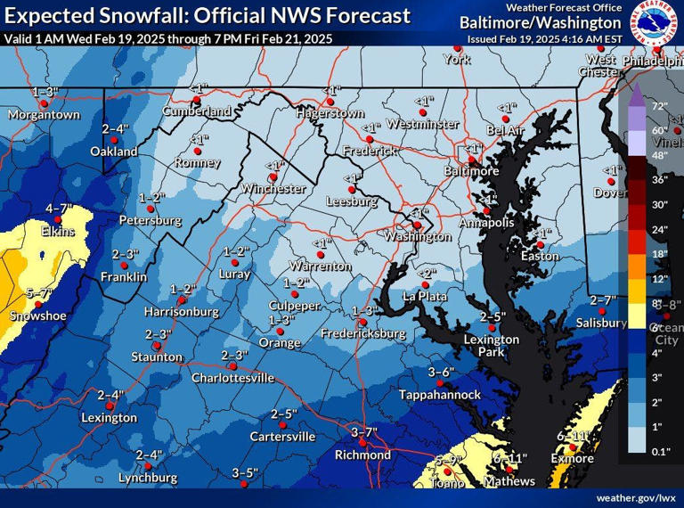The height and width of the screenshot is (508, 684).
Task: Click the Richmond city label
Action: tap(362, 455)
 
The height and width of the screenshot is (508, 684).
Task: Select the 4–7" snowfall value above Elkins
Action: tap(59, 209)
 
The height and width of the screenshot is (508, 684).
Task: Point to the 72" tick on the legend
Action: tap(659, 106)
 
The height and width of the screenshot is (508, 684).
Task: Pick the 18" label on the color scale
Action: tap(659, 254)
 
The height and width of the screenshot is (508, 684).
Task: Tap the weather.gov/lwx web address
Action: tap(636, 496)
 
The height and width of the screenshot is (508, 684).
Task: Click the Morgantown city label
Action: tap(44, 115)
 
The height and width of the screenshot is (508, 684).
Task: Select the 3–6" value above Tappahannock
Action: tap(441, 372)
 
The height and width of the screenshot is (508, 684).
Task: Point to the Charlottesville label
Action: tap(232, 378)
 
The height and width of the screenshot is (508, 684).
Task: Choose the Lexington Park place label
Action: tap(492, 346)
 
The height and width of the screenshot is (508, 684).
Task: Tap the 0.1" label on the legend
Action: tap(660, 453)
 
